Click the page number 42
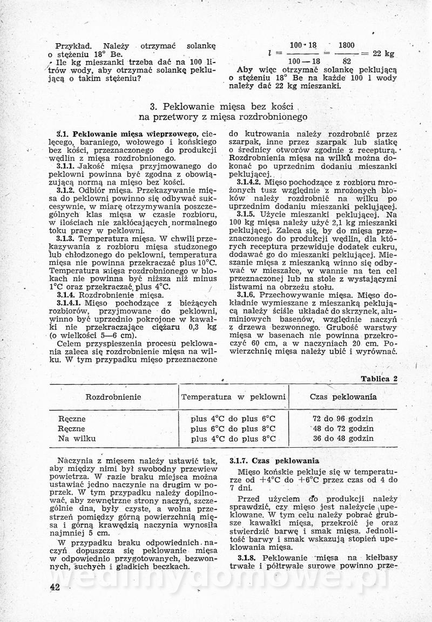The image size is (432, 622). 54,587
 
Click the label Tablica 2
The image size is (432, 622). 379,379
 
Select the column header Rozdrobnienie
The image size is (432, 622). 113,397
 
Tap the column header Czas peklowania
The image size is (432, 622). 343,397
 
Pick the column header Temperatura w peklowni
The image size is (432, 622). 233,397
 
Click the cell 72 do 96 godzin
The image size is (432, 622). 343,419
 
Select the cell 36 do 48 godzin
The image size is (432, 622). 343,439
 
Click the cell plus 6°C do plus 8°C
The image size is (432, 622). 233,429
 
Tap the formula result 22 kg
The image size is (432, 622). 384,54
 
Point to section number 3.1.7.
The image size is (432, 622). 240,461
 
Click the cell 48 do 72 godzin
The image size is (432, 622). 343,429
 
